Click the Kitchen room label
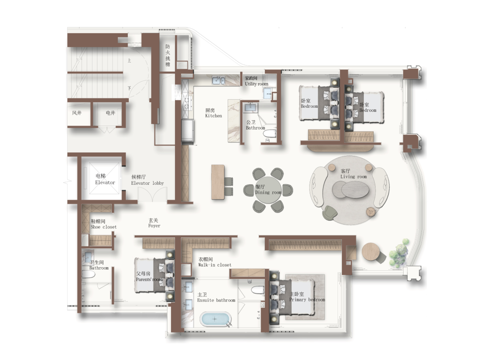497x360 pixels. click(x=213, y=113)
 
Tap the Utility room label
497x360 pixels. click(x=256, y=81)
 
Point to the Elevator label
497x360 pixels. click(x=105, y=179)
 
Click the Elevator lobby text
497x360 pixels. click(x=148, y=180)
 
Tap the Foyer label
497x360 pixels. click(x=154, y=223)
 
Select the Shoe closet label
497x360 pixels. click(x=103, y=224)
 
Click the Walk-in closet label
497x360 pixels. click(x=215, y=262)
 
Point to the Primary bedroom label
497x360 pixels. click(x=307, y=297)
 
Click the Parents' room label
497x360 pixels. click(x=149, y=277)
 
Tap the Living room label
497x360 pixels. click(x=353, y=174)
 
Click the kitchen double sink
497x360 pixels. click(x=219, y=80)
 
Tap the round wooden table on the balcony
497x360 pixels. click(x=371, y=252)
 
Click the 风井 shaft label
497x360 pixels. click(x=77, y=113)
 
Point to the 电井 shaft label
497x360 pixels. click(x=110, y=113)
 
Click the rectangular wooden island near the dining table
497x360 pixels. click(x=218, y=182)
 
